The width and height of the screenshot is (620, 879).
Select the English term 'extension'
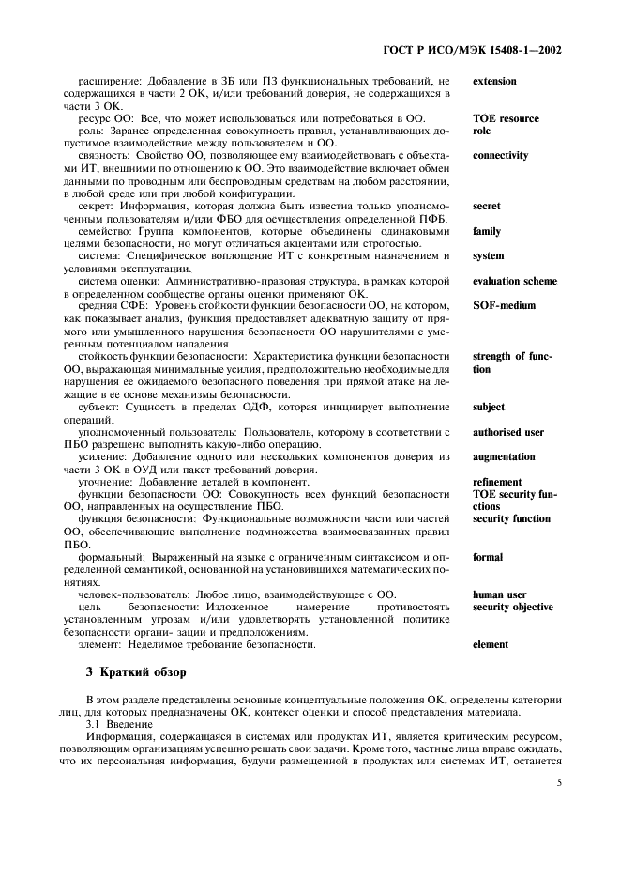pos(494,82)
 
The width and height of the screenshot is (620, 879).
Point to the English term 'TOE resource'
pos(506,119)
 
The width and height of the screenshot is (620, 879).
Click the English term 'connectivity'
pos(500,156)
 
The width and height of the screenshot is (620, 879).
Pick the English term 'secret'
pos(487,206)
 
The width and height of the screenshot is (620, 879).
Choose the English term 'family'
pos(487,231)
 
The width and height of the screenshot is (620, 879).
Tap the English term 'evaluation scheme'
pos(515,281)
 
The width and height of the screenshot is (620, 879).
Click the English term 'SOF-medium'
pos(501,306)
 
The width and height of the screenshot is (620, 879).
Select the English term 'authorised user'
pos(508,432)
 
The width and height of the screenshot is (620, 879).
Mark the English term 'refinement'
pos(497,482)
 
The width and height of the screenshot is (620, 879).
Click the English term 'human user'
pos(499,594)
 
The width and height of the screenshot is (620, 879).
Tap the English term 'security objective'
pos(513,608)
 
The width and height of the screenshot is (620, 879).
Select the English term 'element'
pos(491,645)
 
